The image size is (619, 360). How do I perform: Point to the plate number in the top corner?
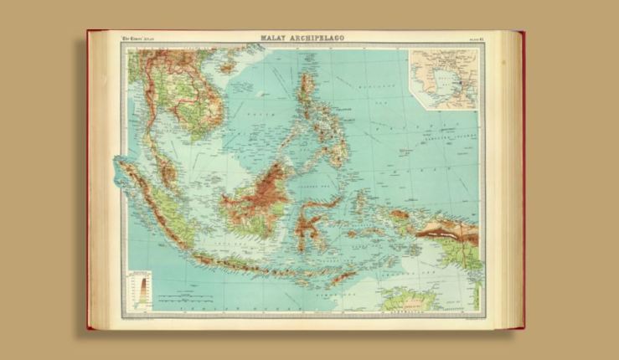474,39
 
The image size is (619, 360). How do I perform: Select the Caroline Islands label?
444,140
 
